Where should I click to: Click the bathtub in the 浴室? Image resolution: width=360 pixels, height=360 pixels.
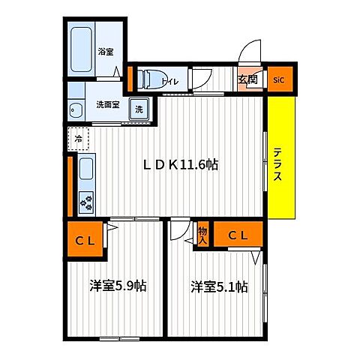pyautogui.click(x=81, y=49)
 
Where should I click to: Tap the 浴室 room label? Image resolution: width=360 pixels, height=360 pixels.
pyautogui.click(x=106, y=52)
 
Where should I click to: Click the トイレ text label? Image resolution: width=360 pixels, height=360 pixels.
pyautogui.click(x=169, y=82)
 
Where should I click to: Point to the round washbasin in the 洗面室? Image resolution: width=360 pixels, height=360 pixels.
pyautogui.click(x=75, y=110)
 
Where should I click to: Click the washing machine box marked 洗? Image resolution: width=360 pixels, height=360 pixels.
pyautogui.click(x=139, y=109)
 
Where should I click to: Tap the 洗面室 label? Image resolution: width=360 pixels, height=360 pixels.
pyautogui.click(x=108, y=104)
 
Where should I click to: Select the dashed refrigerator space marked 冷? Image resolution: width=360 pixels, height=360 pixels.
pyautogui.click(x=79, y=139)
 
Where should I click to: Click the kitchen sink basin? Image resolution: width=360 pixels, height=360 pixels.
pyautogui.click(x=86, y=169)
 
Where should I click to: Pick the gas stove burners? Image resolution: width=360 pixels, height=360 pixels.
pyautogui.click(x=86, y=202)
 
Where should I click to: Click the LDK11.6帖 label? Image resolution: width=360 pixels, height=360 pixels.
pyautogui.click(x=181, y=165)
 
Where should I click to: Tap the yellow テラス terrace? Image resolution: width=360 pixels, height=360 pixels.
pyautogui.click(x=281, y=157)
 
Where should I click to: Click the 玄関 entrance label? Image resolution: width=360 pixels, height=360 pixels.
pyautogui.click(x=247, y=79)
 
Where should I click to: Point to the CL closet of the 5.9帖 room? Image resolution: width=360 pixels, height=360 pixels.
pyautogui.click(x=85, y=238)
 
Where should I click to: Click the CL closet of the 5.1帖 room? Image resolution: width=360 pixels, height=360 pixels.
pyautogui.click(x=238, y=234)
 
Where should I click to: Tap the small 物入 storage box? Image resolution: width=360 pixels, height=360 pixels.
pyautogui.click(x=202, y=235)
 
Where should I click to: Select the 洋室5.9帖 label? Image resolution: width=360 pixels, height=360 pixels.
pyautogui.click(x=118, y=286)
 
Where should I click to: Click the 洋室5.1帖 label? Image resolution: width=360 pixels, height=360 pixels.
pyautogui.click(x=220, y=286)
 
